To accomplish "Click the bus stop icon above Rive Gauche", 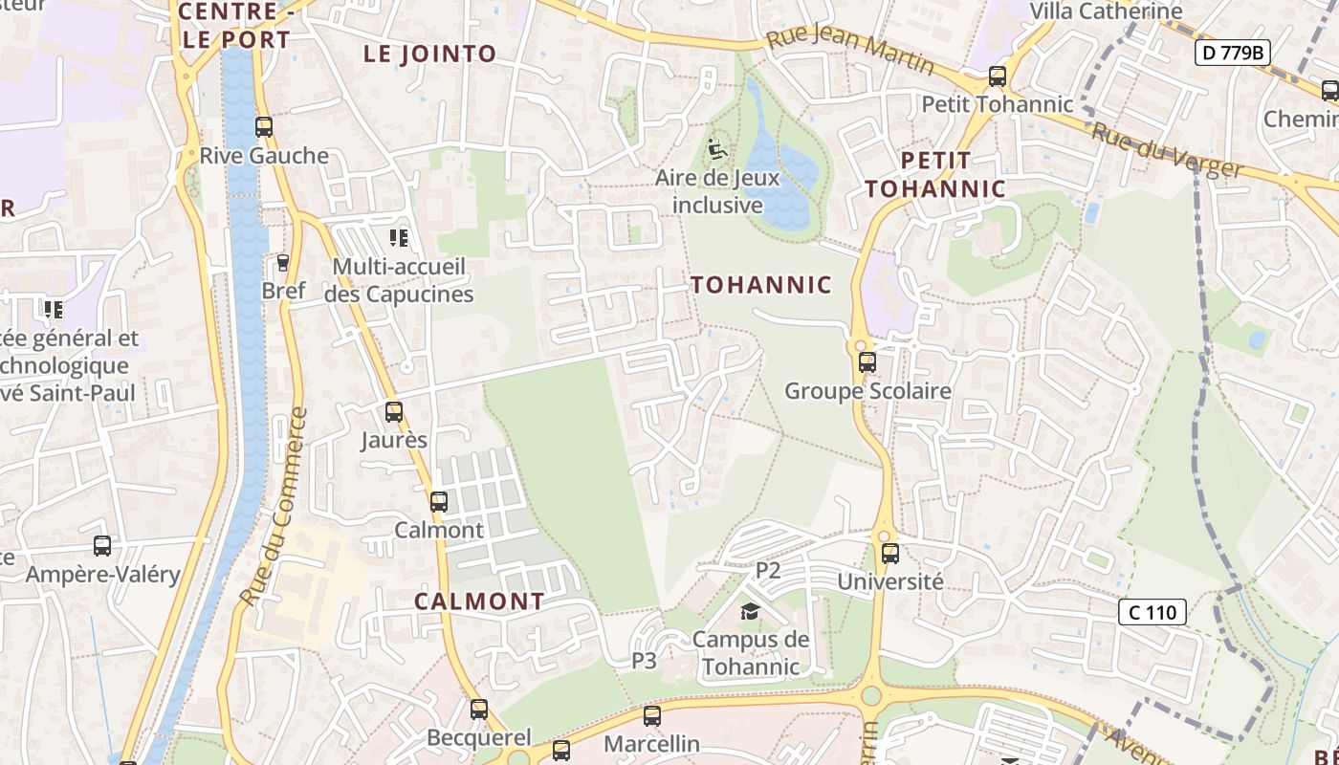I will pyautogui.click(x=263, y=127).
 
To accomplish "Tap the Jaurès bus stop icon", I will pyautogui.click(x=393, y=412).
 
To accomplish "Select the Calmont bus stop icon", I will pyautogui.click(x=438, y=501).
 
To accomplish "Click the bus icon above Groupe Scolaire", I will pyautogui.click(x=867, y=362).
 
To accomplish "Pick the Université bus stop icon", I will pyautogui.click(x=890, y=553).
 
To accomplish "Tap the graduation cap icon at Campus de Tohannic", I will pyautogui.click(x=750, y=611).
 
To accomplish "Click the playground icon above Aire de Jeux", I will pyautogui.click(x=716, y=150).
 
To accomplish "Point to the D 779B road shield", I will pyautogui.click(x=1232, y=53).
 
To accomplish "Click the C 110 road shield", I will pyautogui.click(x=1152, y=612).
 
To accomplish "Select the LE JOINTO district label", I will pyautogui.click(x=430, y=55).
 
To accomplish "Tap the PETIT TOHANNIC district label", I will pyautogui.click(x=936, y=174).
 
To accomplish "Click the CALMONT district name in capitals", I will pyautogui.click(x=479, y=601).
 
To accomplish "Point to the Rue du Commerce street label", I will pyautogui.click(x=274, y=506).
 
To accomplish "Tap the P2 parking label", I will pyautogui.click(x=768, y=571).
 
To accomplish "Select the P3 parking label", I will pyautogui.click(x=644, y=660).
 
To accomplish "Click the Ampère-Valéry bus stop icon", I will pyautogui.click(x=102, y=546).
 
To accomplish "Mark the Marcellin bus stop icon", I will pyautogui.click(x=651, y=715).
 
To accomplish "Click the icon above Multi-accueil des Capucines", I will pyautogui.click(x=398, y=237).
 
